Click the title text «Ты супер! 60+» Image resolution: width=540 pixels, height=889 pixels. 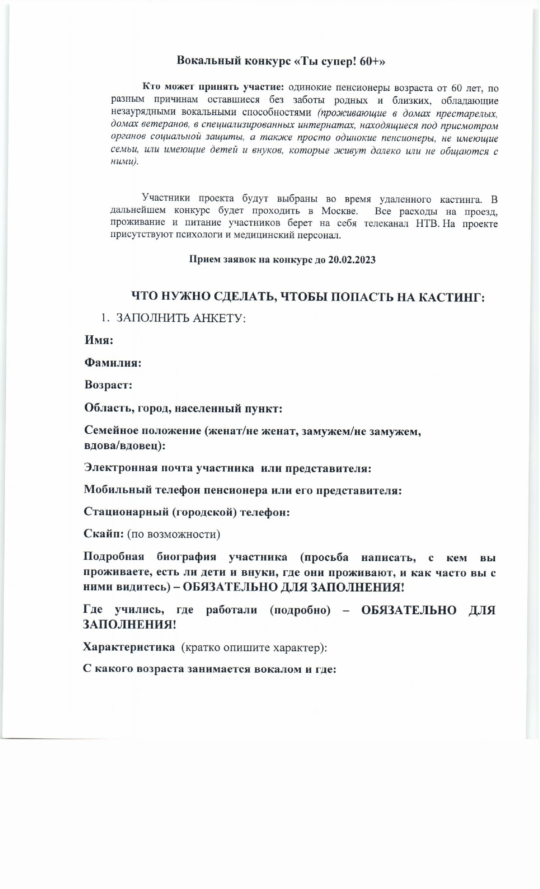click(340, 61)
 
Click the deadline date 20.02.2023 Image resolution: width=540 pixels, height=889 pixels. click(352, 260)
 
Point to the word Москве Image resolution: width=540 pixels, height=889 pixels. click(339, 211)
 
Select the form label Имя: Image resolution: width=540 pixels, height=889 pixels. click(99, 340)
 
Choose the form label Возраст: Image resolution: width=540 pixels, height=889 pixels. click(108, 385)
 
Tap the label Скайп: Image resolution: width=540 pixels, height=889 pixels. click(103, 533)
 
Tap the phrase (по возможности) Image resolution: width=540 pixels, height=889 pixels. click(174, 534)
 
